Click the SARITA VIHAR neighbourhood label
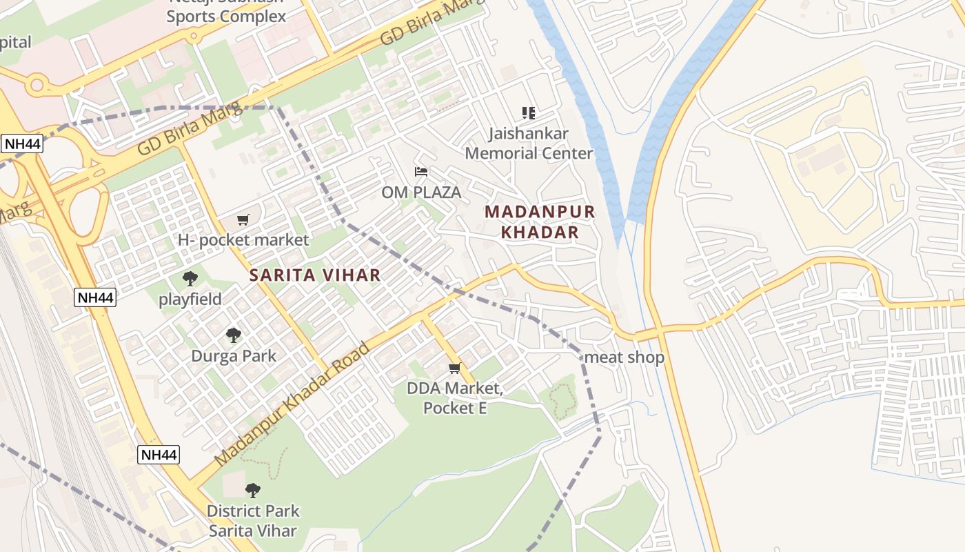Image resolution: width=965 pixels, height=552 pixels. click(314, 275)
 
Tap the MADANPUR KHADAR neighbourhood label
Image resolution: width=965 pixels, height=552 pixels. click(540, 222)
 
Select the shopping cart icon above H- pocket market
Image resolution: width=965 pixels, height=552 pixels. click(243, 220)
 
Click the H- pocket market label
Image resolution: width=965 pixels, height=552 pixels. click(243, 240)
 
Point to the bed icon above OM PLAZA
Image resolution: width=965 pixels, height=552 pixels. click(420, 171)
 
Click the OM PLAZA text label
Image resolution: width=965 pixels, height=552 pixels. click(420, 193)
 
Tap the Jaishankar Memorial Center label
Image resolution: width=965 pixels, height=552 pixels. click(529, 143)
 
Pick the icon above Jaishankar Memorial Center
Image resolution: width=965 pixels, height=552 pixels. click(529, 112)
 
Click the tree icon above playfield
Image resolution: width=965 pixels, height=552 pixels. click(190, 279)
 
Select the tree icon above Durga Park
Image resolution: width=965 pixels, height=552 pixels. click(234, 335)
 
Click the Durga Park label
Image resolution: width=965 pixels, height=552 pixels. click(234, 356)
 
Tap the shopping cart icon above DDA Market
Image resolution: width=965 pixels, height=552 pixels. click(454, 368)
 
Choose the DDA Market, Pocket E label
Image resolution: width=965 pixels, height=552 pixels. click(455, 398)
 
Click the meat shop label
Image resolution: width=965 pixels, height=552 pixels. click(624, 357)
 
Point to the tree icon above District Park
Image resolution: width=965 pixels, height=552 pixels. click(253, 491)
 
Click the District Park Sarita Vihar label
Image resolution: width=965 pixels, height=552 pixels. click(253, 521)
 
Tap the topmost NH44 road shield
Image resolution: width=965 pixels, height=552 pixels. click(23, 144)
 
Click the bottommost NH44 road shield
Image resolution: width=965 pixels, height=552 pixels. click(159, 455)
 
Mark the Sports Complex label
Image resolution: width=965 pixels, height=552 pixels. click(226, 15)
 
